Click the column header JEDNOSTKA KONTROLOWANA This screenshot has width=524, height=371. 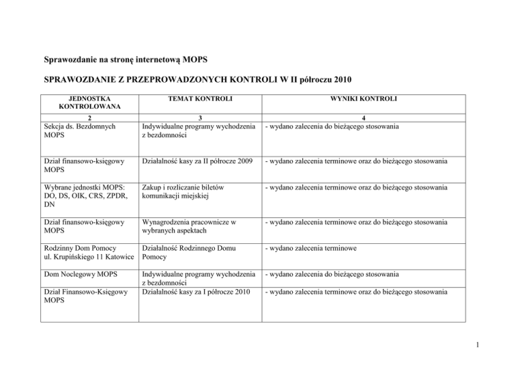coord(90,102)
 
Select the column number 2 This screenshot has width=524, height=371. coord(90,118)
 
